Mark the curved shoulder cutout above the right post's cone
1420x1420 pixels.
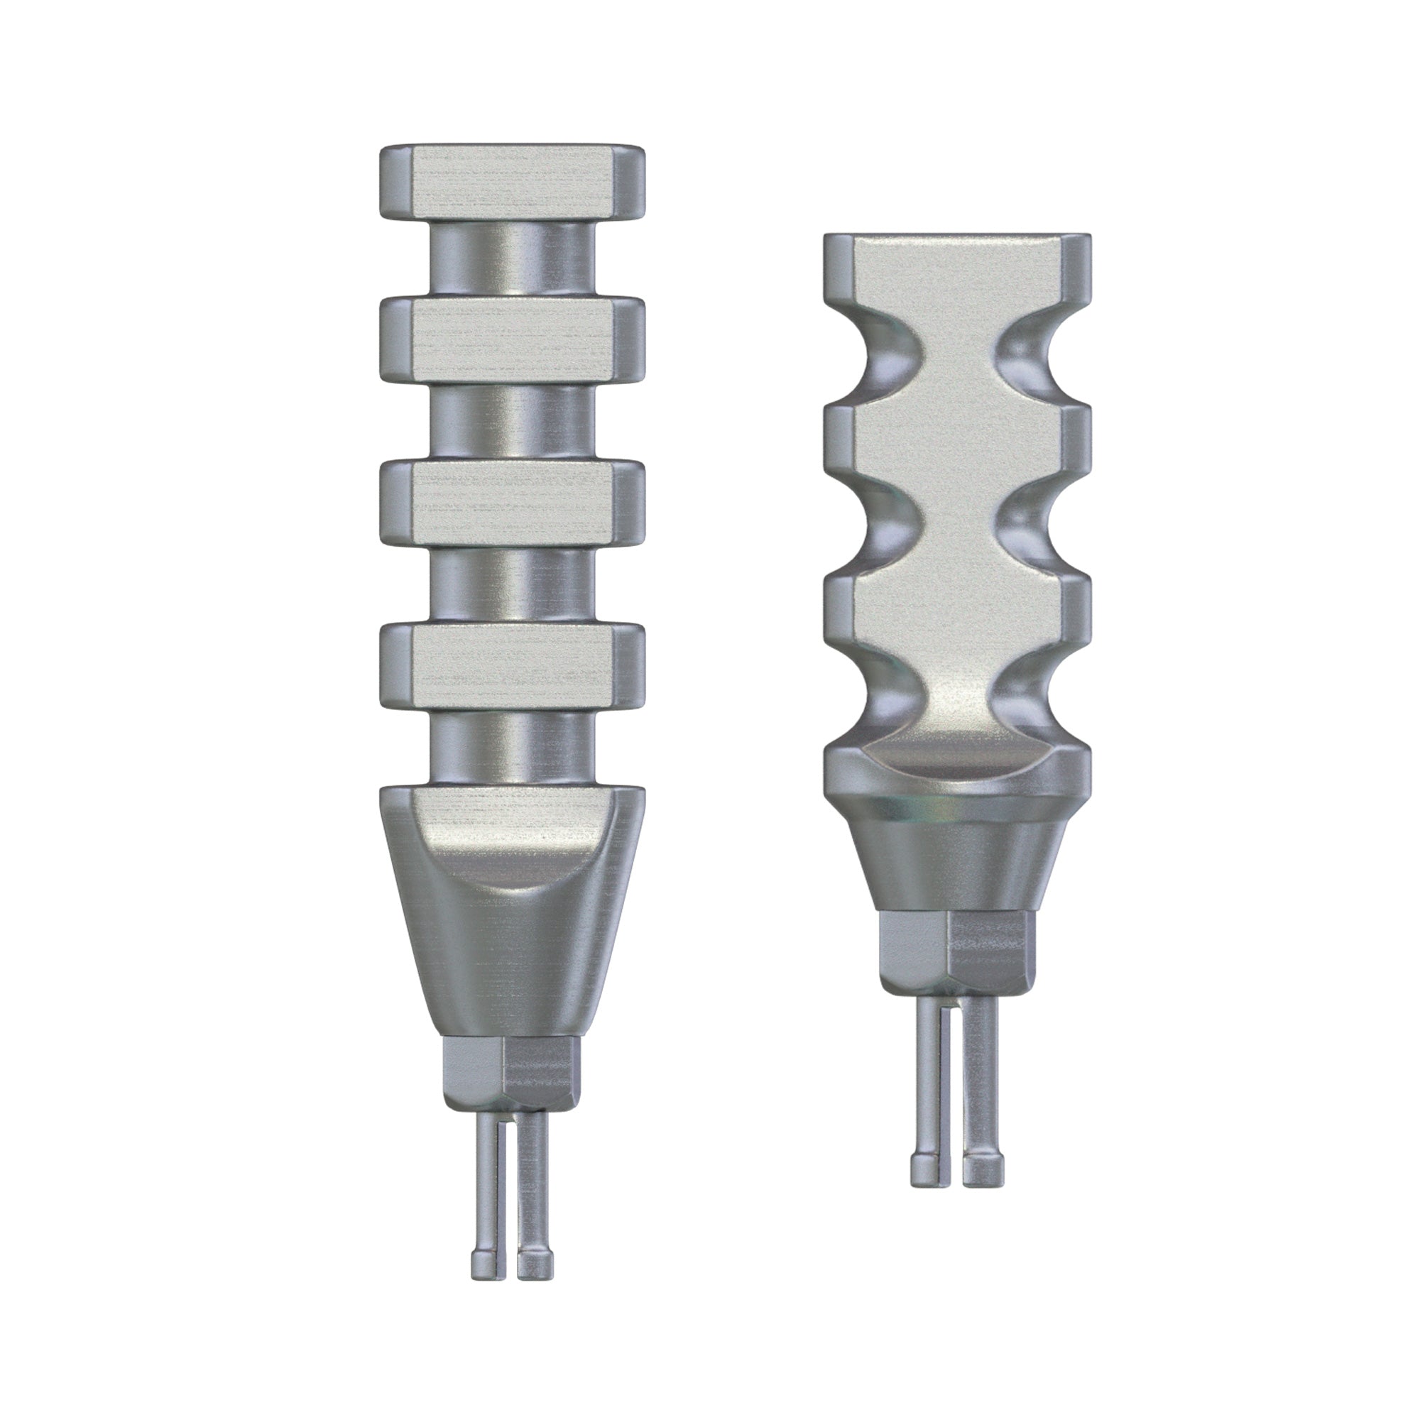[957, 765]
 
